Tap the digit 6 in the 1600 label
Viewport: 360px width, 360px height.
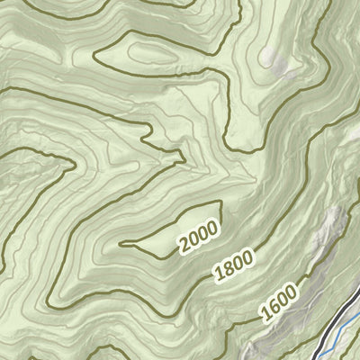click(x=272, y=310)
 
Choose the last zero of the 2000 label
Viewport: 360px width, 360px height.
click(x=212, y=227)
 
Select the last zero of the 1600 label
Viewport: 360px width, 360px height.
click(x=292, y=294)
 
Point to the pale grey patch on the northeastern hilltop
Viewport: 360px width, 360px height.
click(x=270, y=58)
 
